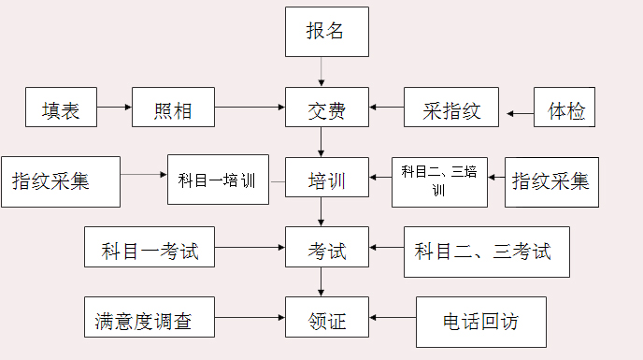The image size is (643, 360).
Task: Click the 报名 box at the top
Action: click(x=326, y=31)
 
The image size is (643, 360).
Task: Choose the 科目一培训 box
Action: click(x=218, y=180)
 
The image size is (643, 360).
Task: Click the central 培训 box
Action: click(x=326, y=180)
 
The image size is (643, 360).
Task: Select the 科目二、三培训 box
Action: click(x=439, y=180)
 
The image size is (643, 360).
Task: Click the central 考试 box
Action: click(x=326, y=252)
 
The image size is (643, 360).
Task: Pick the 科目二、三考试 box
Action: click(x=487, y=252)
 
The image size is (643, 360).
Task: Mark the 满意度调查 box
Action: click(x=150, y=321)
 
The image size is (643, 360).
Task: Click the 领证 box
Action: click(x=326, y=321)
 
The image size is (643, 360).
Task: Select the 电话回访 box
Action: click(x=480, y=321)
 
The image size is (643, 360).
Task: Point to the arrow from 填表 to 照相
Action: click(x=114, y=108)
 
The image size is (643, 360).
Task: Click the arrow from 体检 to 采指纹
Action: click(x=520, y=114)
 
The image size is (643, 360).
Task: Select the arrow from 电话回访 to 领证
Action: click(x=393, y=318)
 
